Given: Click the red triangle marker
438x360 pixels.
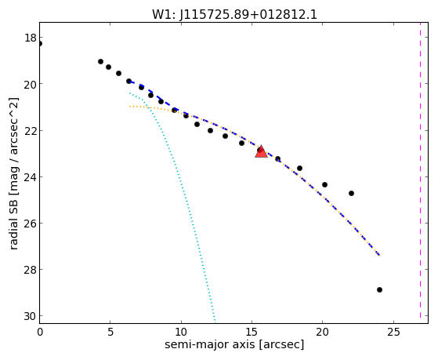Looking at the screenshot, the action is [261, 151].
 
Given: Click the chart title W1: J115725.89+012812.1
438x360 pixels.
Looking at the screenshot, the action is [234, 14].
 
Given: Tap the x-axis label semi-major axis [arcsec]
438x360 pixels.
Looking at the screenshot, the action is [234, 344].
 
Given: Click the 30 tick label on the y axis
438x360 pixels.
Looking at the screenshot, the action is [31, 316].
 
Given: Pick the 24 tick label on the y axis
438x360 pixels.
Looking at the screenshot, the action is [31, 177].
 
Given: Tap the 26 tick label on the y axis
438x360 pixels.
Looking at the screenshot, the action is [31, 224].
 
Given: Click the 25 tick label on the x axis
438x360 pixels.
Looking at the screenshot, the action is [393, 333].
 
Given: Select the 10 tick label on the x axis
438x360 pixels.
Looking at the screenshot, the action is [181, 333].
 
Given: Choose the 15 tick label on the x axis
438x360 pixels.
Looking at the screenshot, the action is [252, 333].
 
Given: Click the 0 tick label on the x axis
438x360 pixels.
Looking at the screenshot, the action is [40, 333].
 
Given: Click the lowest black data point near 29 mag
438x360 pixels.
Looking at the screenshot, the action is [379, 289].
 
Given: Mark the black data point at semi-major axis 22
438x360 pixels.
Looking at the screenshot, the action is [351, 193].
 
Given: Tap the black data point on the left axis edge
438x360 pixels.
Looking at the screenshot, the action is [40, 44].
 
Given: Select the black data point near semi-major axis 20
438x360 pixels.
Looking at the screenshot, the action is [324, 184].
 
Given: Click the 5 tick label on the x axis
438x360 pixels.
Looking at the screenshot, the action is [110, 333].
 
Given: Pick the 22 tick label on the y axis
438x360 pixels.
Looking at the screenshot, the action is [31, 131].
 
